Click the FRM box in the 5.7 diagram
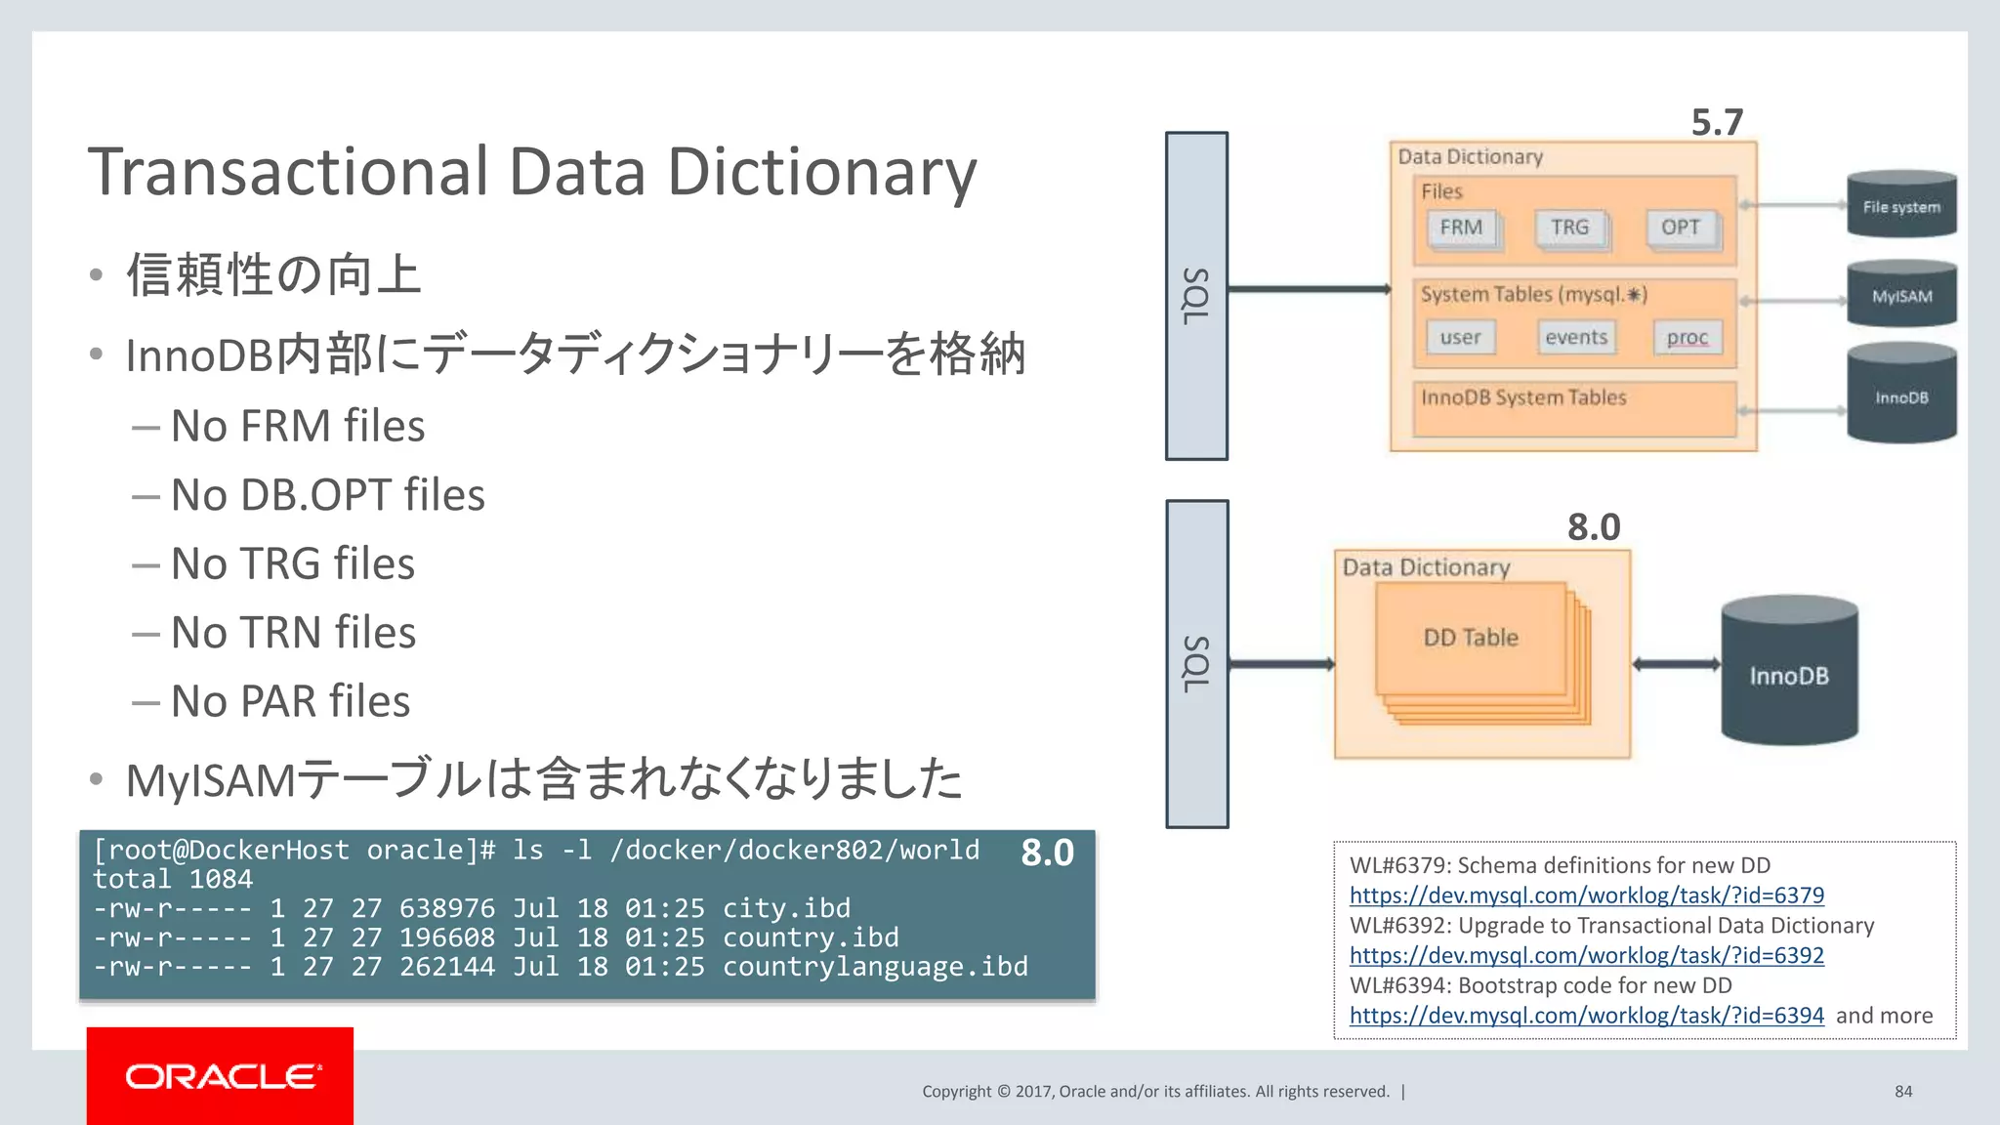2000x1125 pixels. (x=1462, y=229)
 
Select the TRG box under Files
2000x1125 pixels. (x=1569, y=229)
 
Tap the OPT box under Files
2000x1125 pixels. (x=1681, y=229)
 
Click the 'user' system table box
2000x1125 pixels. (x=1460, y=338)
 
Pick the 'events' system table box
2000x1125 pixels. (x=1576, y=338)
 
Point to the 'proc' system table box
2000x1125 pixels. (x=1687, y=338)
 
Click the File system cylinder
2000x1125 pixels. (x=1901, y=206)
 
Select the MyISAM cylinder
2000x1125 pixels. (x=1901, y=295)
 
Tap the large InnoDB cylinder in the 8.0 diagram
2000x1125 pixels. (x=1788, y=674)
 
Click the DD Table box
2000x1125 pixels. (x=1471, y=639)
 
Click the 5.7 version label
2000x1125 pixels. (x=1717, y=123)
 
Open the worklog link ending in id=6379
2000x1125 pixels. (x=1586, y=896)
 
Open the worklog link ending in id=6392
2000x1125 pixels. (x=1586, y=955)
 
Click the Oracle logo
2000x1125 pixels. (x=220, y=1076)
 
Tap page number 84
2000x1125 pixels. (x=1903, y=1092)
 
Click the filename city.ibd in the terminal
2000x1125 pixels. (x=786, y=908)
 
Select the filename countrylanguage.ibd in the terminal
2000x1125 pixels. (x=875, y=967)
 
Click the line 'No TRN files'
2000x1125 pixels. (x=293, y=633)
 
